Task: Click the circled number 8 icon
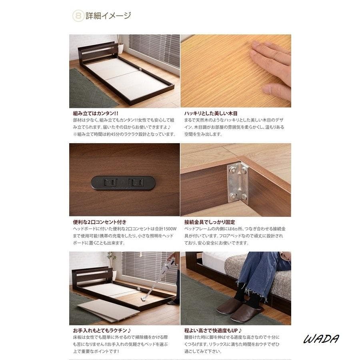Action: point(78,16)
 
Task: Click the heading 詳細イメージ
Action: point(108,16)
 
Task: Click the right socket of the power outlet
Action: point(138,183)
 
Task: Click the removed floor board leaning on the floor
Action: point(108,310)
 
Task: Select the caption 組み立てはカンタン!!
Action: point(96,114)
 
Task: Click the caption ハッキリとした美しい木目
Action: point(211,114)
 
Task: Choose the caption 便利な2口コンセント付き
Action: point(100,222)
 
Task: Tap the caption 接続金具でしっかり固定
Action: point(210,222)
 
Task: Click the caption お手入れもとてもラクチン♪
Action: point(102,330)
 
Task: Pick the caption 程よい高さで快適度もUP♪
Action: point(213,330)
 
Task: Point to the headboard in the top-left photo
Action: point(99,53)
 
